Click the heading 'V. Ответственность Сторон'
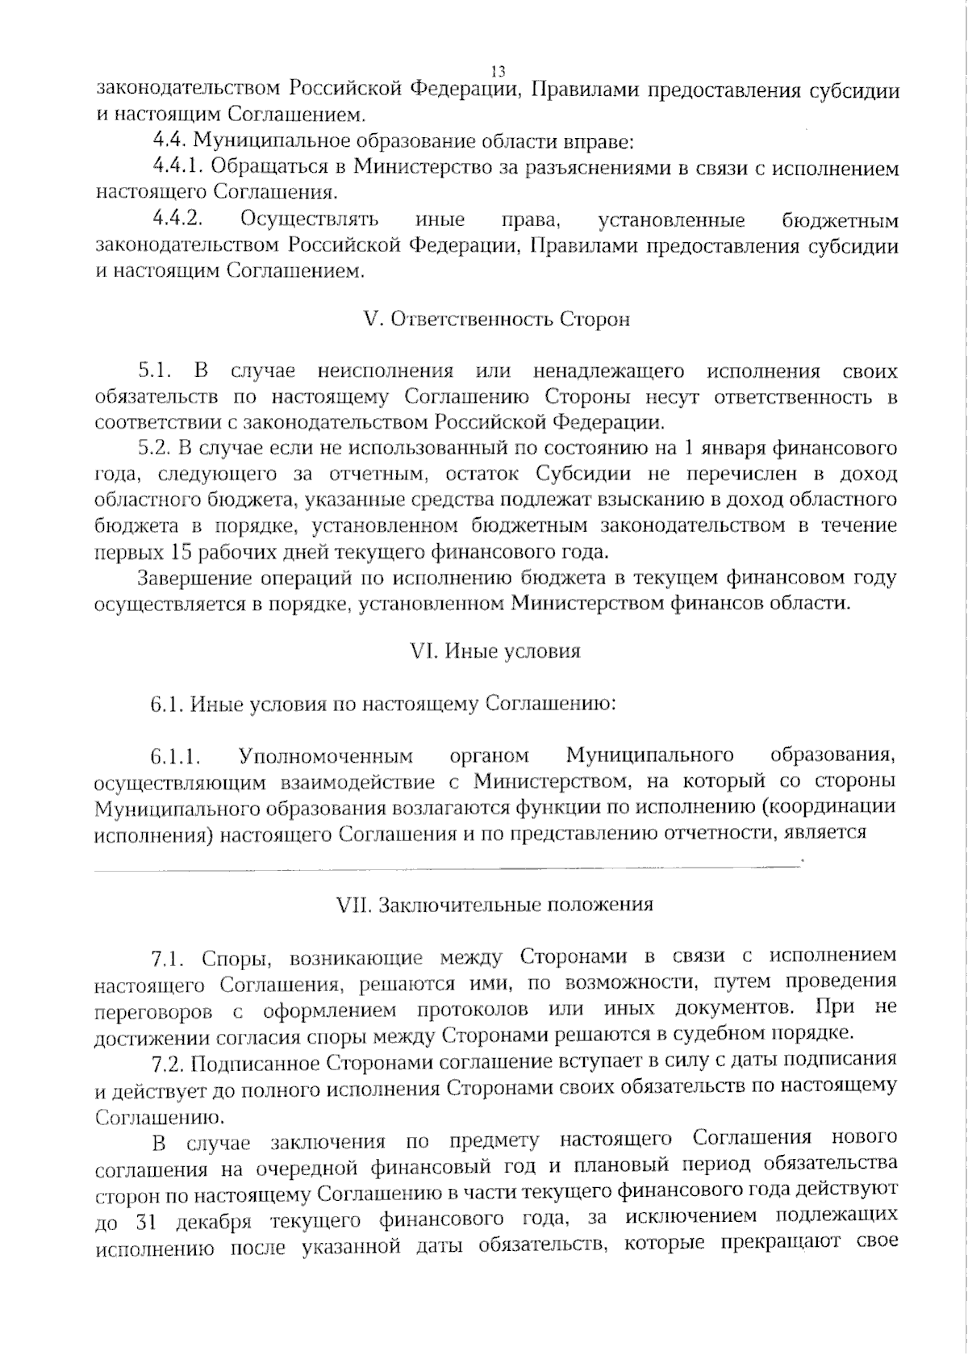497,320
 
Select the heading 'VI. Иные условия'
495,651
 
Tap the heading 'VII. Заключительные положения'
494,904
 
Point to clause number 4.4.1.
179,168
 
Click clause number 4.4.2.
177,220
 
